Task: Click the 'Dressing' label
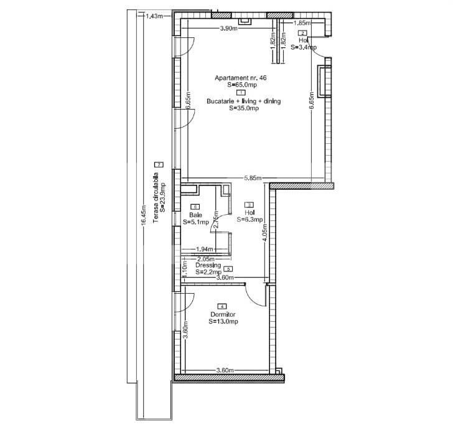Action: pos(207,265)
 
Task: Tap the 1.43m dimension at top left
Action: pos(154,16)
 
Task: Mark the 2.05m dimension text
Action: pos(205,259)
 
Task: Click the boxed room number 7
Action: pos(159,164)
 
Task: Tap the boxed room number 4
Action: pos(222,307)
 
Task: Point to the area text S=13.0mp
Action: pos(224,322)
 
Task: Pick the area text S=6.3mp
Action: pos(250,219)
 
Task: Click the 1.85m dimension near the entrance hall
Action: pos(302,24)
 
